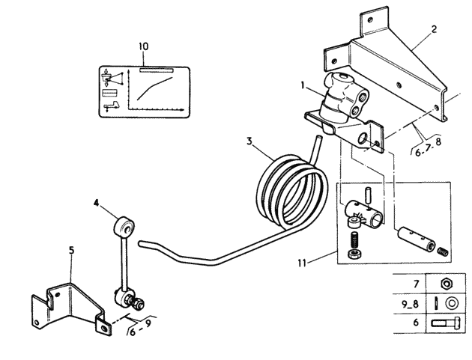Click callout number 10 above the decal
(x=144, y=46)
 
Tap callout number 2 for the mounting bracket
(x=434, y=29)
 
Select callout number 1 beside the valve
(x=303, y=85)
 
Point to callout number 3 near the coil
(x=249, y=141)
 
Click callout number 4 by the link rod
(x=96, y=204)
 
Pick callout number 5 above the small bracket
(x=71, y=250)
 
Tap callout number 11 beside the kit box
(x=302, y=263)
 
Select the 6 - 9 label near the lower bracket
(x=140, y=328)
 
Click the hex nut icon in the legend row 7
(x=446, y=284)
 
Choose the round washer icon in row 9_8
(x=451, y=303)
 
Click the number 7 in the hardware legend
(x=417, y=284)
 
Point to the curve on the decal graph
(x=154, y=88)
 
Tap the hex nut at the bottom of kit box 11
(x=353, y=254)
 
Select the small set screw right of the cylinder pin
(x=443, y=251)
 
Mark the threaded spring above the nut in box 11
(x=355, y=240)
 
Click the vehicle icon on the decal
(x=111, y=106)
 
